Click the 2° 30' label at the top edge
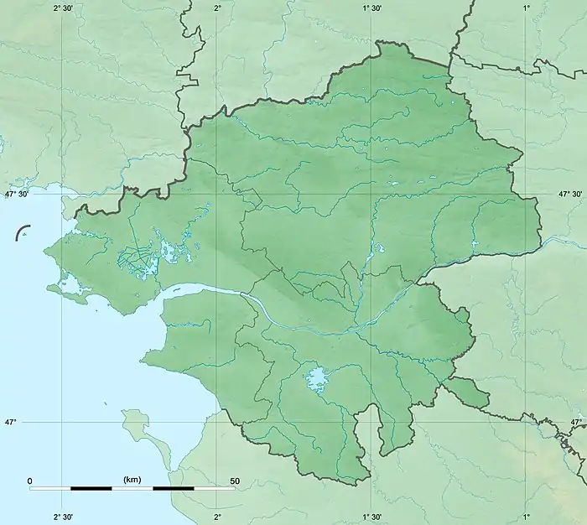[65, 8]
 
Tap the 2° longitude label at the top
[217, 8]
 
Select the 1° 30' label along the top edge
[371, 8]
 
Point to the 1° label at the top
[527, 8]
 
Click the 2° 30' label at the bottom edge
[65, 517]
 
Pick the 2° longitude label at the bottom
[217, 517]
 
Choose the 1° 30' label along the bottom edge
[371, 517]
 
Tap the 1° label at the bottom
[527, 517]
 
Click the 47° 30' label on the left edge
[17, 194]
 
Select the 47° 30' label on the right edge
[570, 194]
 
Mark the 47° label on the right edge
[577, 422]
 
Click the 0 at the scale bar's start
[30, 481]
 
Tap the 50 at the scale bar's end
[234, 481]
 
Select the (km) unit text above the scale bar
[132, 480]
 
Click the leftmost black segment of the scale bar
[91, 488]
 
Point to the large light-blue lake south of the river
[317, 379]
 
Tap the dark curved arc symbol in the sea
[23, 232]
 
